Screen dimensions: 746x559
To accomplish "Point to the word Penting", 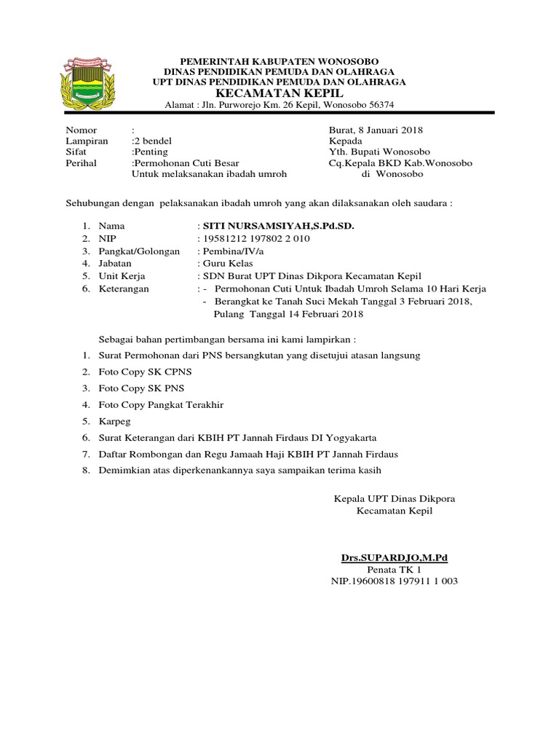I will click(x=151, y=152).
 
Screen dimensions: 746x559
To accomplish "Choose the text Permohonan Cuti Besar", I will click(x=186, y=163).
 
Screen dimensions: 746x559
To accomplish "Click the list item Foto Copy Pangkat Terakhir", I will click(x=161, y=404).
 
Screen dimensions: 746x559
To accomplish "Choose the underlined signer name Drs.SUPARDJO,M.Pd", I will click(x=395, y=558).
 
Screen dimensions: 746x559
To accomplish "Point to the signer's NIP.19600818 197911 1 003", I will click(x=395, y=581).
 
